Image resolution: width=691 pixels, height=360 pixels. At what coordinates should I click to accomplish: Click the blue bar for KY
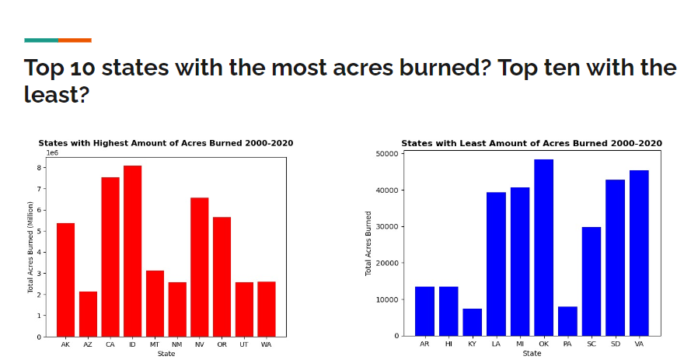(473, 322)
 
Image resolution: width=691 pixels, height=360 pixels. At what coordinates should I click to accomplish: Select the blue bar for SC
(592, 281)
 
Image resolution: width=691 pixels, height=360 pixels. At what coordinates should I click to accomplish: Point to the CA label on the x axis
(110, 344)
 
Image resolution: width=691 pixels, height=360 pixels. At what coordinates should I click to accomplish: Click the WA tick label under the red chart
(267, 344)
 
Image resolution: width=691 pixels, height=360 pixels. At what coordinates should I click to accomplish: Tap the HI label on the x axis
(448, 344)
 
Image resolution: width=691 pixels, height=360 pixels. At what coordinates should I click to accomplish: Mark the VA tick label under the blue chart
(639, 344)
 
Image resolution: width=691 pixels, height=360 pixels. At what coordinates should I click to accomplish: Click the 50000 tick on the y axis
(386, 154)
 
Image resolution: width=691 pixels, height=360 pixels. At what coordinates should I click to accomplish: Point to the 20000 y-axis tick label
(386, 263)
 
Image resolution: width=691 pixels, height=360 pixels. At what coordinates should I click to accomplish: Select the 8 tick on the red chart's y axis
(39, 167)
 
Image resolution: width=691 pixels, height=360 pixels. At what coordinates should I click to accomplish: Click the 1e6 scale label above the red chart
(53, 153)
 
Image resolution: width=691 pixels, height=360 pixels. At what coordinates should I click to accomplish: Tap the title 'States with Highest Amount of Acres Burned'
(166, 143)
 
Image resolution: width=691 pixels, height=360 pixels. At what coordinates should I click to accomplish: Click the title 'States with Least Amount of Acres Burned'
(532, 143)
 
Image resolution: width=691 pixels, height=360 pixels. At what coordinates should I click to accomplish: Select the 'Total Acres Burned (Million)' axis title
(31, 247)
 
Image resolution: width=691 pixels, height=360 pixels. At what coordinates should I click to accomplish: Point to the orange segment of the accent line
(75, 40)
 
